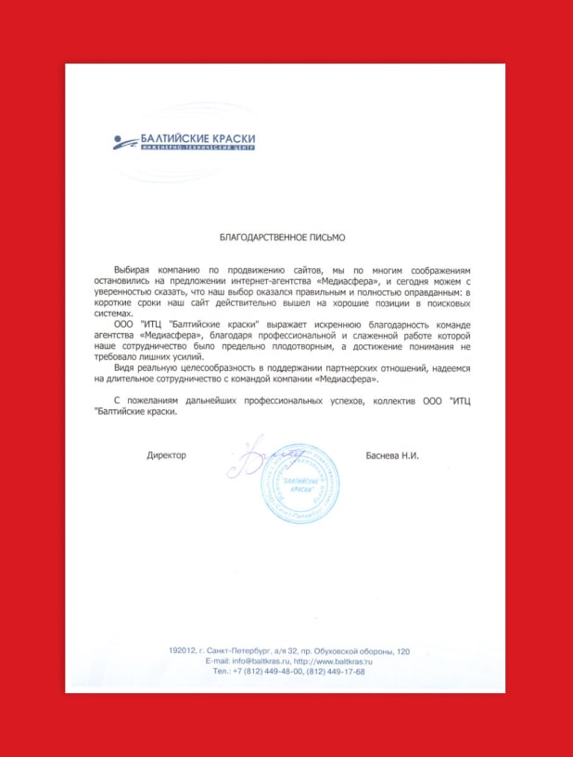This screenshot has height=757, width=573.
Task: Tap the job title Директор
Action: [166, 455]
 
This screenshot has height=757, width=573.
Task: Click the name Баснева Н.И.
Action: [394, 455]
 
